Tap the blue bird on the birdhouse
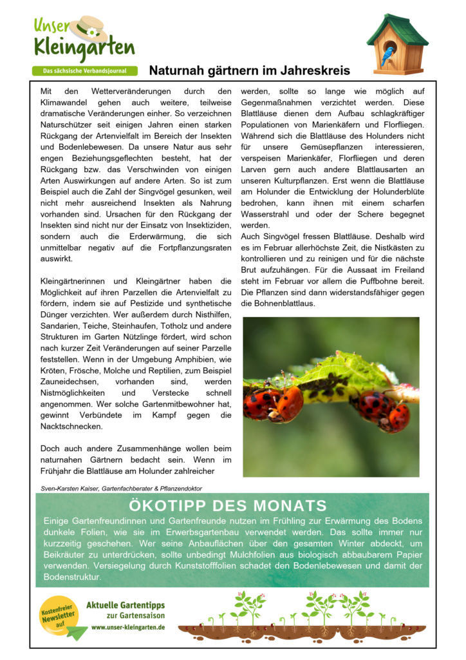[387, 57]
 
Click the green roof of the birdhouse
[398, 28]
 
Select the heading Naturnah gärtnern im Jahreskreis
[250, 70]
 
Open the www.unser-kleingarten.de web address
[128, 627]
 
